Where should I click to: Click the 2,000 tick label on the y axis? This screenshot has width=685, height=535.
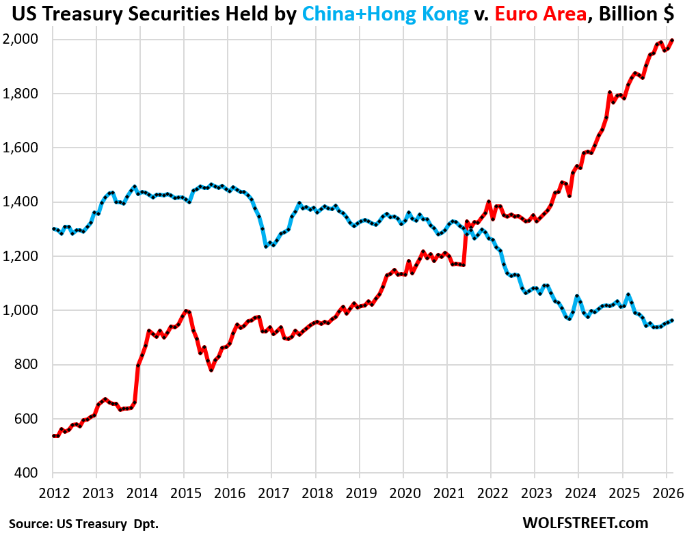[20, 40]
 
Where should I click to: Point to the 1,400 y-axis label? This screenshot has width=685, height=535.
[20, 202]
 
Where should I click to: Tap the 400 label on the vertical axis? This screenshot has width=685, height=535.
[26, 473]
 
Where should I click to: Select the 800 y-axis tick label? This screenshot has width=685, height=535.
[26, 364]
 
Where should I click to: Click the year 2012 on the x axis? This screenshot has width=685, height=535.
[54, 493]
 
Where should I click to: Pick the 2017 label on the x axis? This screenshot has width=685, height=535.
[273, 493]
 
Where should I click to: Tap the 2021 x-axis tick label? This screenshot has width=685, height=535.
[448, 493]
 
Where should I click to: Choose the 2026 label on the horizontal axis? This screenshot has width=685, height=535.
[668, 493]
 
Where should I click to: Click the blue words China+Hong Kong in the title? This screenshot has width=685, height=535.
[386, 14]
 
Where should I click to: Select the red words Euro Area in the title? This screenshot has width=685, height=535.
[540, 14]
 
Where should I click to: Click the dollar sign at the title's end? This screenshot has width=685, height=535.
[669, 14]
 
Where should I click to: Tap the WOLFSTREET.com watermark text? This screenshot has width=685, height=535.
[585, 523]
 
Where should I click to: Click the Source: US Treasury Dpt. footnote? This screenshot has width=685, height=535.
[83, 523]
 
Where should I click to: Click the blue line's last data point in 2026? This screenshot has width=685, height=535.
[672, 320]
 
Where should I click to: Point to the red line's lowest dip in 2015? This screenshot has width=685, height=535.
[211, 370]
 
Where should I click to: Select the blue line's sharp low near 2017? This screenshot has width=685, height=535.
[266, 247]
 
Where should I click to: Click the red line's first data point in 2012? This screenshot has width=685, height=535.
[53, 435]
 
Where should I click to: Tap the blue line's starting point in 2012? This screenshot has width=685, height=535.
[53, 228]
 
